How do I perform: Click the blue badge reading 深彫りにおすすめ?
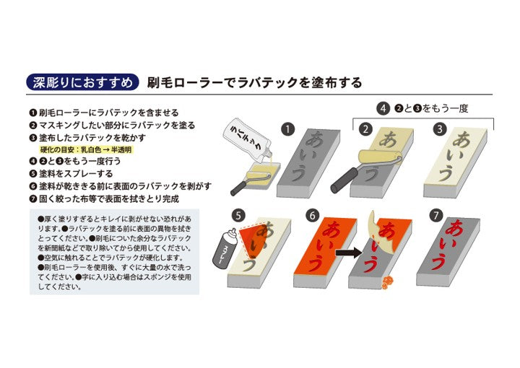point(82,82)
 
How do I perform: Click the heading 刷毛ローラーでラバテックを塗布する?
point(254,82)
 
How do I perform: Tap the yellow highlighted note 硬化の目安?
point(86,150)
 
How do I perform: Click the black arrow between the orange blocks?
point(349,253)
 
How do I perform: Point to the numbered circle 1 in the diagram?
point(287,129)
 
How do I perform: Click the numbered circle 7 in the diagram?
point(435,216)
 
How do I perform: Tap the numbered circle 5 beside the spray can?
point(238,216)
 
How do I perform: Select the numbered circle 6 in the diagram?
point(313,216)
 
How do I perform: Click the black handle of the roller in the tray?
point(239,188)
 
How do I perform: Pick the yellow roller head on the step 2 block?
point(379,157)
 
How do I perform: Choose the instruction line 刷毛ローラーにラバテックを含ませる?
point(104,113)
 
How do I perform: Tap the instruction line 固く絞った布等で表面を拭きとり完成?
point(104,198)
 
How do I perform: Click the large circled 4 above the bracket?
point(383,109)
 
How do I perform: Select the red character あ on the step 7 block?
point(456,229)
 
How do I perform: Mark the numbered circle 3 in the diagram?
point(440,129)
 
